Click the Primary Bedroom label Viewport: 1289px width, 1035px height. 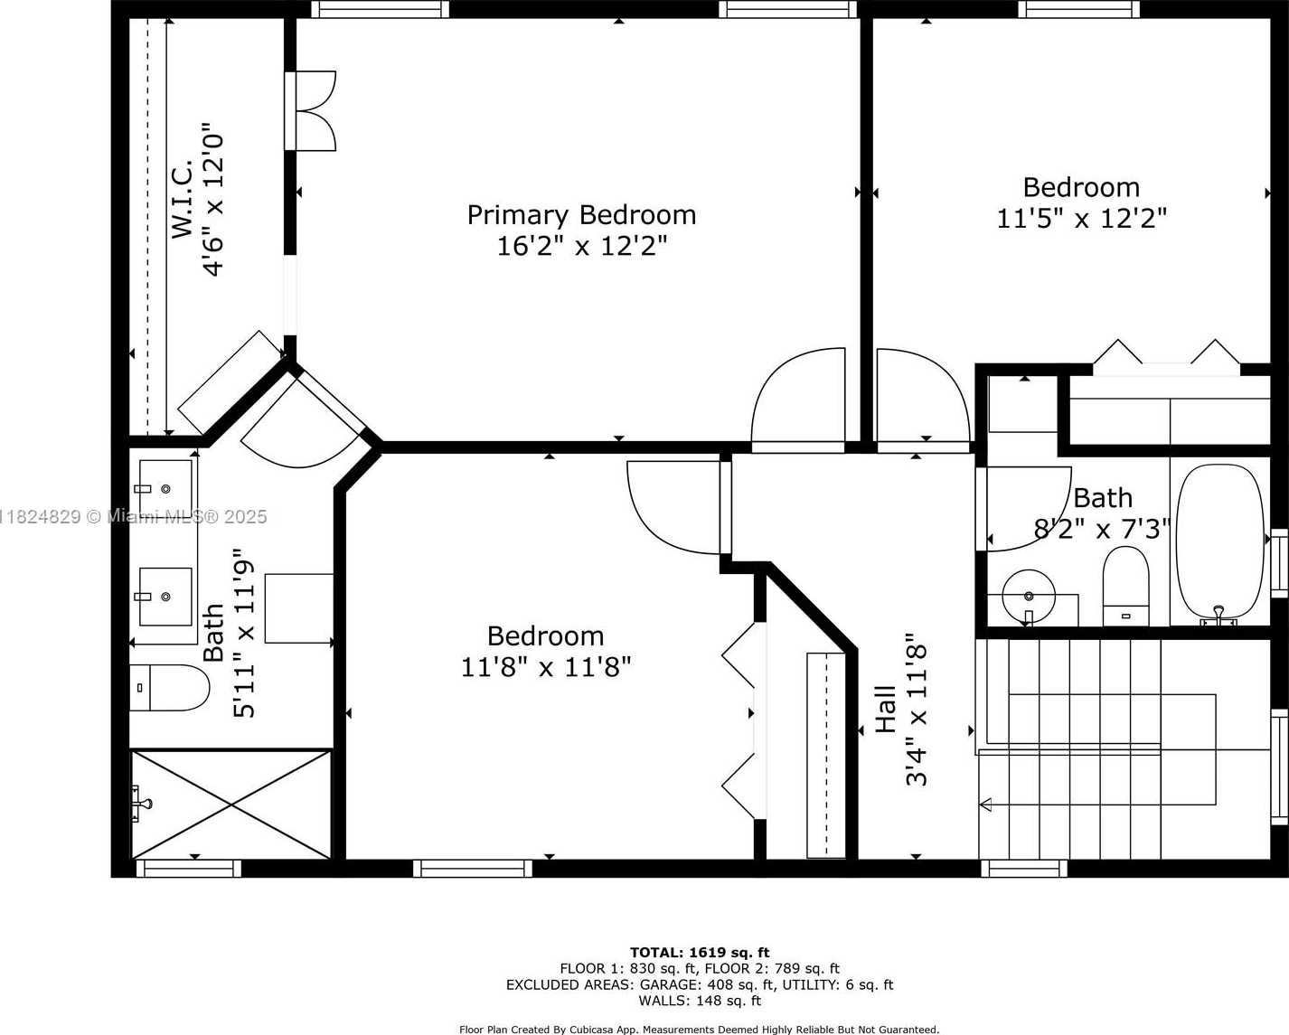click(x=581, y=216)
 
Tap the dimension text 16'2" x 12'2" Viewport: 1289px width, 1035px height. click(x=581, y=246)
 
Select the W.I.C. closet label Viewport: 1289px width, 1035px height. click(x=182, y=198)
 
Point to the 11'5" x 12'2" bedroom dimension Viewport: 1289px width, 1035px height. click(x=1081, y=219)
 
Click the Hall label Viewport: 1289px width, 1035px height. click(x=885, y=710)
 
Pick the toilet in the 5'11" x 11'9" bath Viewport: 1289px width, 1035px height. click(x=170, y=688)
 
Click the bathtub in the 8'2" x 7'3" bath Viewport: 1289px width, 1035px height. click(x=1219, y=541)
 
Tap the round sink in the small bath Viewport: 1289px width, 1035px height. click(x=1029, y=597)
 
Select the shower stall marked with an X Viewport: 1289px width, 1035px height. click(x=231, y=804)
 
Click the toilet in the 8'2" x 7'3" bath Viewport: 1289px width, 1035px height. click(x=1125, y=586)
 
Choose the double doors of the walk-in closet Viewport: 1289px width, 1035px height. click(x=310, y=111)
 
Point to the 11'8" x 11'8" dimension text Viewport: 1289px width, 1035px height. click(x=546, y=666)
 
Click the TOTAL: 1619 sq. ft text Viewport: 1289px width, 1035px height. click(x=700, y=953)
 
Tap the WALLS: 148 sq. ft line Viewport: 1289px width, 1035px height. click(x=700, y=1001)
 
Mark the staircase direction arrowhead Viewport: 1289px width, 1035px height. click(x=985, y=804)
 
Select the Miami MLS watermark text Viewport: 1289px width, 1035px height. click(x=133, y=517)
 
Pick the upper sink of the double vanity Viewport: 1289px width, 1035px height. click(x=165, y=484)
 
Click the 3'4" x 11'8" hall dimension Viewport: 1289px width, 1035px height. click(x=916, y=710)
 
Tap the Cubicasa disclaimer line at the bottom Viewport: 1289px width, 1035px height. click(x=699, y=1030)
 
